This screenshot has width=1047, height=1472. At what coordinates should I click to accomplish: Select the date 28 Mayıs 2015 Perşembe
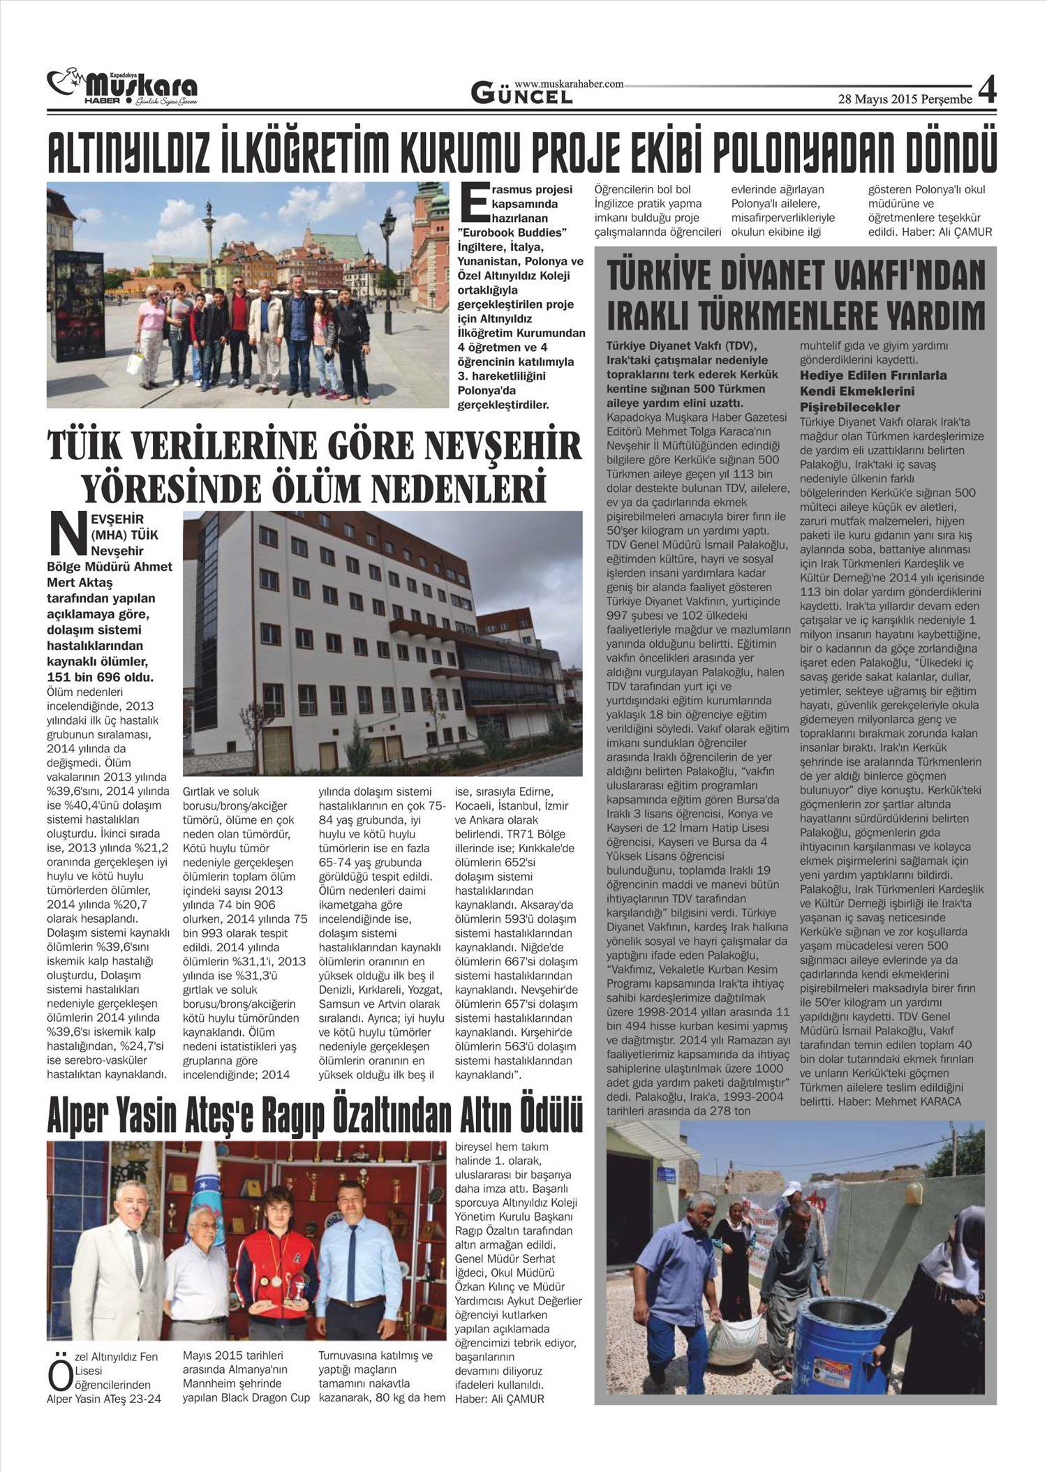(x=905, y=99)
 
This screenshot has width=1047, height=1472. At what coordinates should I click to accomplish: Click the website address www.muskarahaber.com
(x=569, y=84)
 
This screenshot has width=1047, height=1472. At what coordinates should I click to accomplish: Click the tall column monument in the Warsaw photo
(x=210, y=237)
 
